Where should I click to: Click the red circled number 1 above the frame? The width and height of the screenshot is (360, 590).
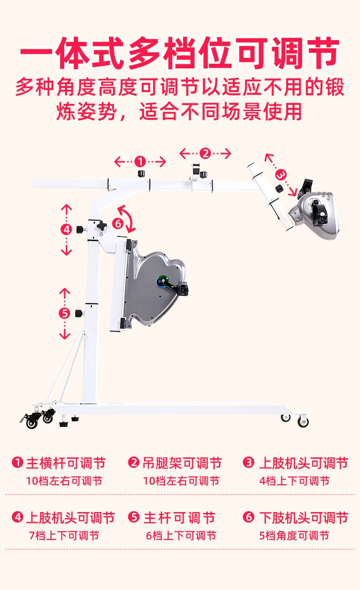coord(140,161)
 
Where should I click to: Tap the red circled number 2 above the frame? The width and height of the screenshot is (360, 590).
coord(205,154)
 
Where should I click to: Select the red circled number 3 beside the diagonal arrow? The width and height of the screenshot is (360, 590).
coord(281,174)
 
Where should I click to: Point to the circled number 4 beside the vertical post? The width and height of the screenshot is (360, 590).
coord(67,230)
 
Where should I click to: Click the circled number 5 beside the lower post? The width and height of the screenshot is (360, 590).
coord(65,313)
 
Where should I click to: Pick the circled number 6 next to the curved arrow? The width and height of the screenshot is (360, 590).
coord(118,224)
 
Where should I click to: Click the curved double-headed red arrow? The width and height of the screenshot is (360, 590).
coord(128,218)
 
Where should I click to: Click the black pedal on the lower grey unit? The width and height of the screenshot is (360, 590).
coord(183,288)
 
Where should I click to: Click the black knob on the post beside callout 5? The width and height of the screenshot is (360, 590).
coord(79,313)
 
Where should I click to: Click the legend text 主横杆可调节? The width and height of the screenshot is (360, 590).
coord(66,463)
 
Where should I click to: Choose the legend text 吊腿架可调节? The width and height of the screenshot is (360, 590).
coord(182,463)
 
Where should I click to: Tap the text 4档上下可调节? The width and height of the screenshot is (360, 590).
coord(294,481)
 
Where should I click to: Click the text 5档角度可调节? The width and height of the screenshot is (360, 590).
coord(294,536)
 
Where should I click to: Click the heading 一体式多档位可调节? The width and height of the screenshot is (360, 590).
coord(180,54)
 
